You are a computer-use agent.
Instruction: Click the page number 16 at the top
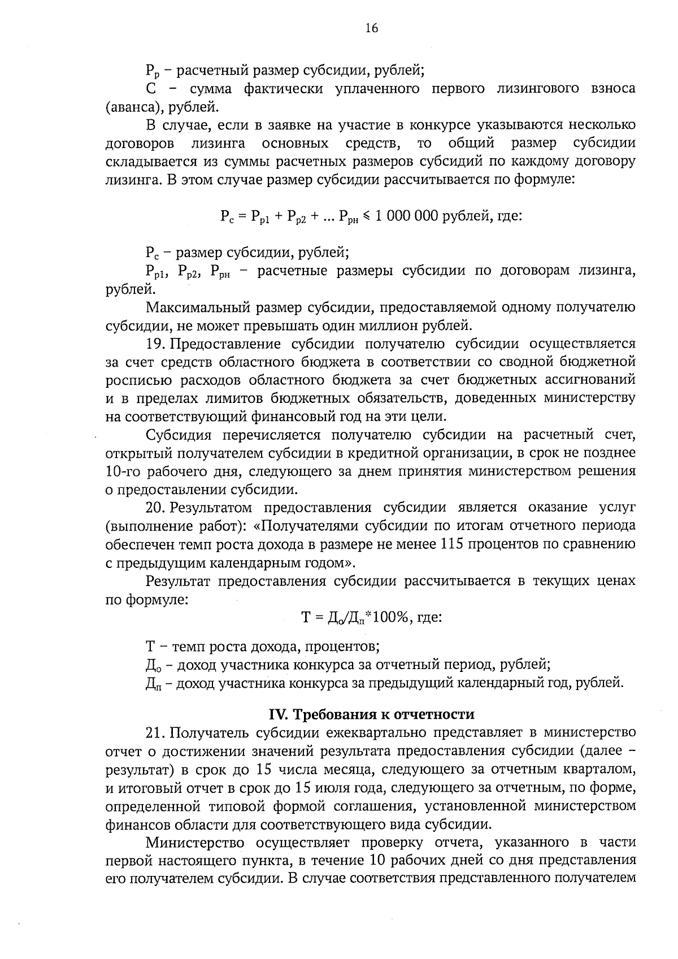point(371,29)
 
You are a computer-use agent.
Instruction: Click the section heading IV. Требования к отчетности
point(371,714)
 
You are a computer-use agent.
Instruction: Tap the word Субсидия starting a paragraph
point(179,435)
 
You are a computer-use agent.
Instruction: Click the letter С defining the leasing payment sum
point(150,89)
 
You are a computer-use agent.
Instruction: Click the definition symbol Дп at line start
point(152,684)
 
